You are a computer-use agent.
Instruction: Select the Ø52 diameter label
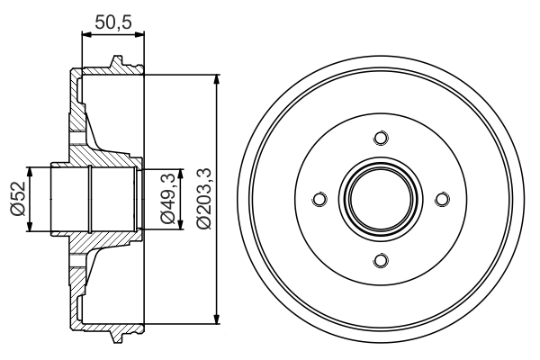(16, 199)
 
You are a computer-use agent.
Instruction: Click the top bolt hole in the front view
(380, 137)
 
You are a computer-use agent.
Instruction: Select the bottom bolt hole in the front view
(380, 261)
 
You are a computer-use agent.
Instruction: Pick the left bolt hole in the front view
(318, 199)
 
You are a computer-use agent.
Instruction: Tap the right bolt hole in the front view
(442, 199)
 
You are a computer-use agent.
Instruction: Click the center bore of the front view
(380, 199)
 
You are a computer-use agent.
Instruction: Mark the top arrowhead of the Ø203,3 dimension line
(217, 79)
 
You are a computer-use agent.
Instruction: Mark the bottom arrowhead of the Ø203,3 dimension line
(217, 318)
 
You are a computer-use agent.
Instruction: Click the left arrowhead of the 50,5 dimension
(85, 34)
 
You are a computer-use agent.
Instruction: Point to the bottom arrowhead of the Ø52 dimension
(31, 228)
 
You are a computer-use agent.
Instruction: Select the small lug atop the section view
(114, 61)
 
